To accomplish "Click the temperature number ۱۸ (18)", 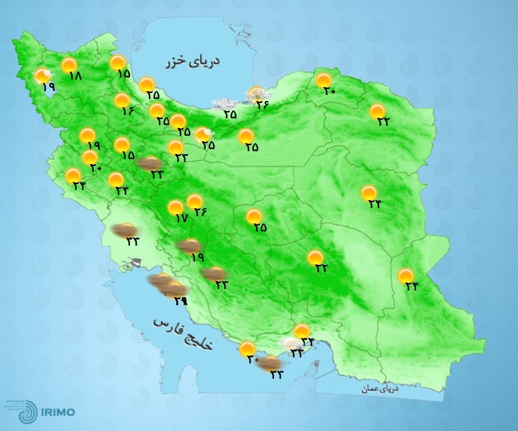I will [74, 76].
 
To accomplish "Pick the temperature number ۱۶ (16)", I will [128, 111].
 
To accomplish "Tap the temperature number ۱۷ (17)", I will [180, 218].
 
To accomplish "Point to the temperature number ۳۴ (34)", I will [308, 342].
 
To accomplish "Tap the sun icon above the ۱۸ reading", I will [69, 65].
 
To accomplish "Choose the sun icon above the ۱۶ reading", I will [121, 100].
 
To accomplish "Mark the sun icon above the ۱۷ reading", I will [175, 207].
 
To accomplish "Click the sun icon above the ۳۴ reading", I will [302, 331].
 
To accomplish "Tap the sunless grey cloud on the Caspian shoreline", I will [220, 104].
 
